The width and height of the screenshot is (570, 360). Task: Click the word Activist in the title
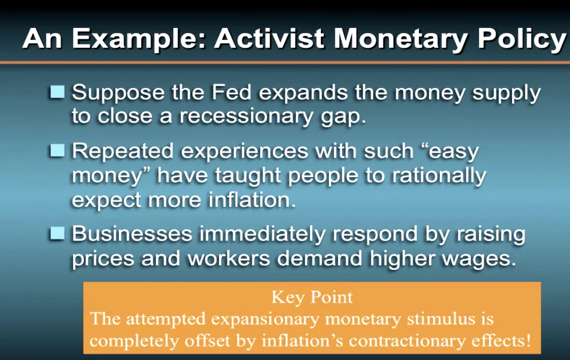click(269, 39)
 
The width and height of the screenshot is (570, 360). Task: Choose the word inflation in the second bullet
click(252, 200)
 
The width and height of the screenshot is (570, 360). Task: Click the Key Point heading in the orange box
click(312, 297)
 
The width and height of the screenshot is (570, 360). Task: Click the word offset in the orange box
click(208, 341)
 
